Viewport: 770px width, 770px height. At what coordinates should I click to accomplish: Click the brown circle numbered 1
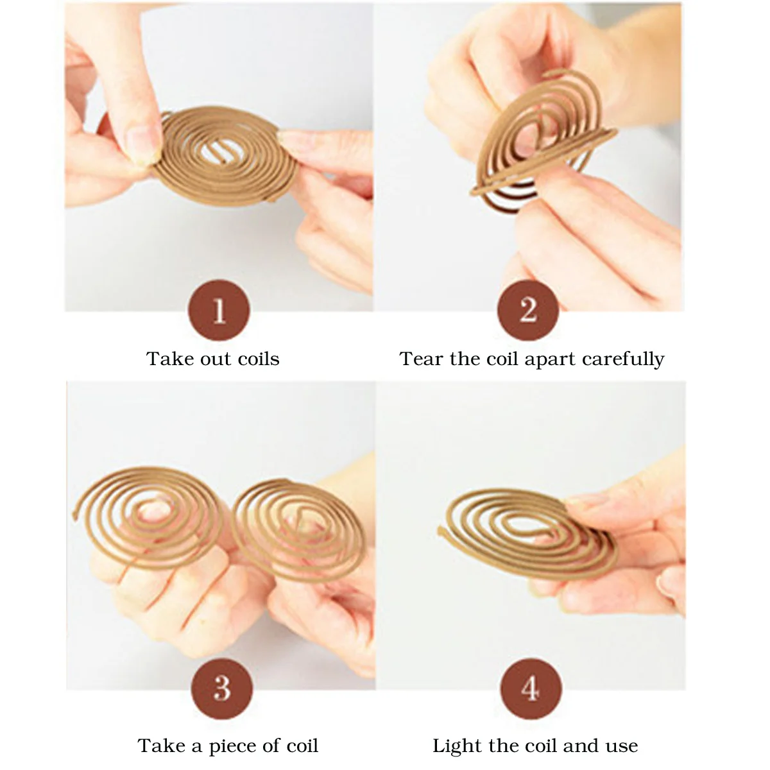coord(219,310)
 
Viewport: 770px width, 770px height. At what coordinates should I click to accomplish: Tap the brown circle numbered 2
coord(528,310)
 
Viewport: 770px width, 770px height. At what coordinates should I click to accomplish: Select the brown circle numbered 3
coord(222,689)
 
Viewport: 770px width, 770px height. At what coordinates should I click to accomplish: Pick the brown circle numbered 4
coord(531,689)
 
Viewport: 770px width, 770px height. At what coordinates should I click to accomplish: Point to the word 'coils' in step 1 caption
coord(259,359)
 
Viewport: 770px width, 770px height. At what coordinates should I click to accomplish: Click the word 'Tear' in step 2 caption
coord(421,359)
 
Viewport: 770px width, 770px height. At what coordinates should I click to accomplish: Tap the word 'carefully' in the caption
coord(623,359)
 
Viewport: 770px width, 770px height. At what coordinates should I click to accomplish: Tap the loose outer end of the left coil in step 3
coord(75,515)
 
